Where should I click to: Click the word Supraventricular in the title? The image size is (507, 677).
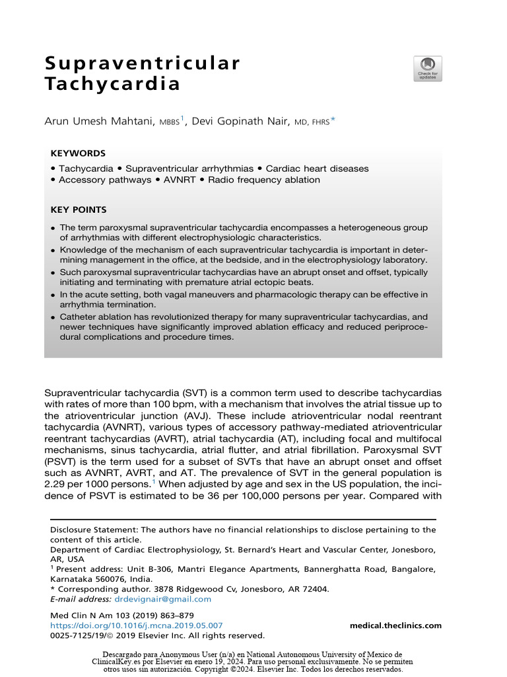[142, 64]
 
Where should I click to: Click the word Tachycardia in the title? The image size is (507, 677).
[112, 85]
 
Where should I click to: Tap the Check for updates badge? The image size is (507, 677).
[428, 69]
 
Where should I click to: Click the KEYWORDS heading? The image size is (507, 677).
[78, 153]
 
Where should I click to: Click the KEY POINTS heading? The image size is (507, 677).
[79, 210]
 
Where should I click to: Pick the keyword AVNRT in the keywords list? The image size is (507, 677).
[180, 180]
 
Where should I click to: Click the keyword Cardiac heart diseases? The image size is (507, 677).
[317, 169]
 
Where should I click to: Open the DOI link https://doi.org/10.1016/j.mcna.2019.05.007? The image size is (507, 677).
[137, 625]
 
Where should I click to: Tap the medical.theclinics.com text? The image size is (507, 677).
[395, 625]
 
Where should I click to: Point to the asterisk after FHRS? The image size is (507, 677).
[333, 119]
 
